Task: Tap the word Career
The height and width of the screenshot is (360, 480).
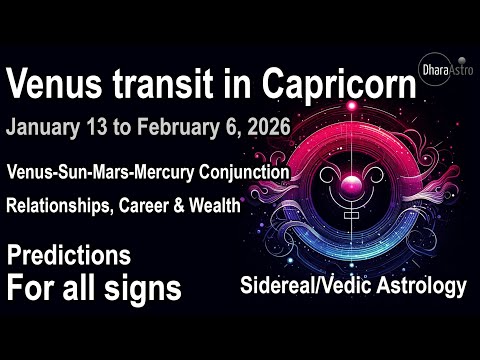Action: (x=165, y=207)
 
